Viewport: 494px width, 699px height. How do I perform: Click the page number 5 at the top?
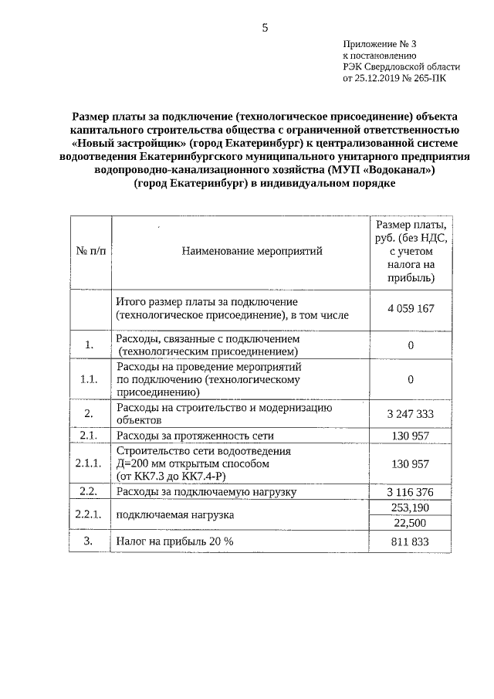265,29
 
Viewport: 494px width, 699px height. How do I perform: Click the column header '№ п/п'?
90,251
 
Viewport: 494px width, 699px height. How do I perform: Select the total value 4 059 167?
411,308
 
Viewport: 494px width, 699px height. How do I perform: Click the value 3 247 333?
411,413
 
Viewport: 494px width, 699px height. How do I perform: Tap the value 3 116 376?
411,491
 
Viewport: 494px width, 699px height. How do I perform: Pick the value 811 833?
411,541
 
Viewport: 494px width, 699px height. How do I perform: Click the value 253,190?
411,507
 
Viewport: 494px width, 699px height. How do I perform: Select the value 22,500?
411,524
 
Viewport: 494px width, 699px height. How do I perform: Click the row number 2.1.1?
90,463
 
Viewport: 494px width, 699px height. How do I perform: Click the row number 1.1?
90,379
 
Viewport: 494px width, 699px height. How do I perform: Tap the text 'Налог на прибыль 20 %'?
174,541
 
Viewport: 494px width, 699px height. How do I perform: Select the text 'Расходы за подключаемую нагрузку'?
206,491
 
